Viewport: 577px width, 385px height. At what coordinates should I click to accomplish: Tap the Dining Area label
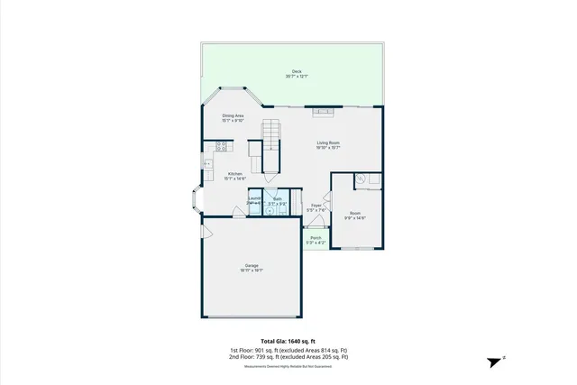pyautogui.click(x=234, y=118)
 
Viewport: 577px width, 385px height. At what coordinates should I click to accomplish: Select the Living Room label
pyautogui.click(x=327, y=144)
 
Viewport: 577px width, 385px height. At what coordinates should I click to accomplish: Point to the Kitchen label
pyautogui.click(x=235, y=175)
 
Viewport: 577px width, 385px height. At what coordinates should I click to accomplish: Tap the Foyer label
pyautogui.click(x=316, y=207)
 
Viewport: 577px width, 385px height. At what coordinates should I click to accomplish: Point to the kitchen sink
pyautogui.click(x=207, y=164)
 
